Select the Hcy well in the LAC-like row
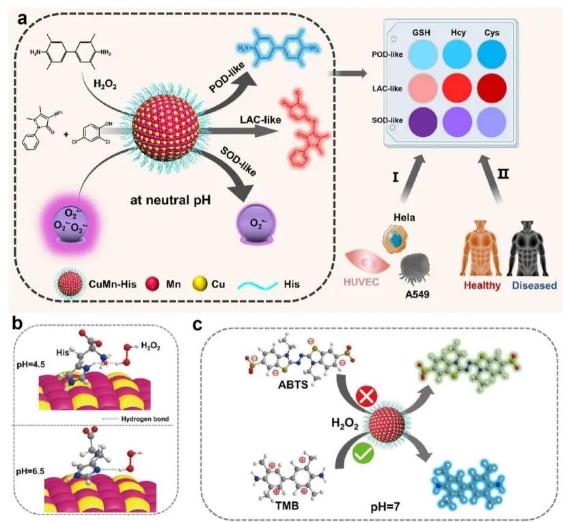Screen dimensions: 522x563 (456, 88)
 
